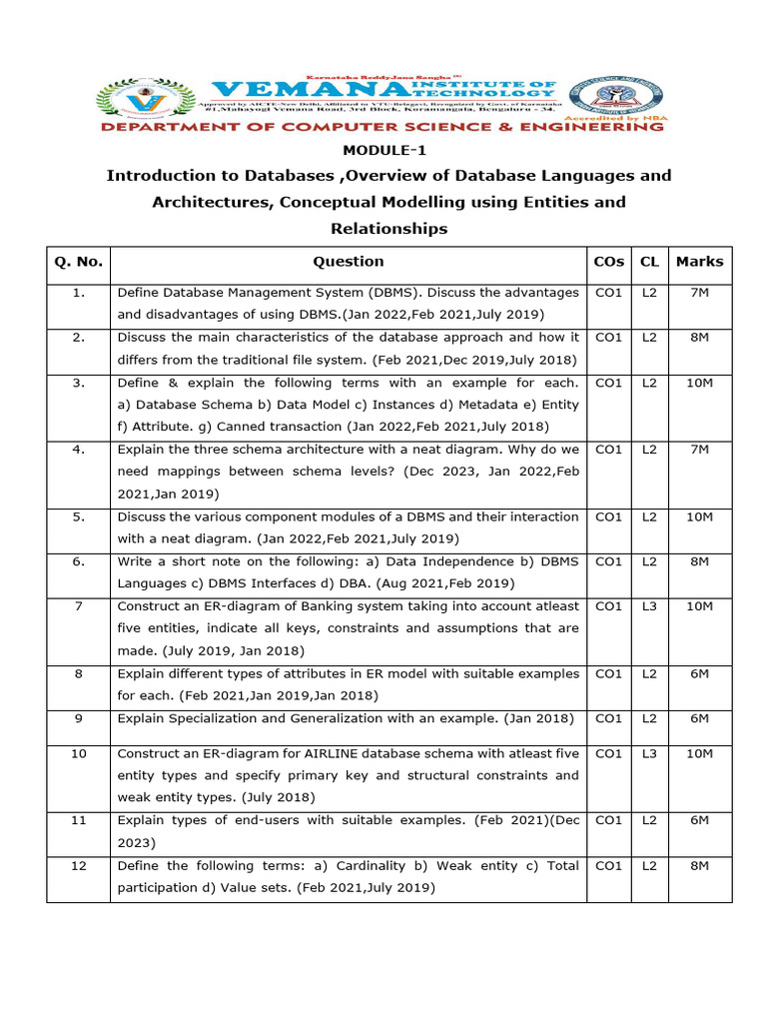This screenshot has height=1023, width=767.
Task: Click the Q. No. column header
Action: coord(78,262)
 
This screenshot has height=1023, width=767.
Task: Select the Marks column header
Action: coord(699,262)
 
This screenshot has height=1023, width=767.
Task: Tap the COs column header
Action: coord(608,262)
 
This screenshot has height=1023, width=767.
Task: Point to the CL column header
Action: coord(649,262)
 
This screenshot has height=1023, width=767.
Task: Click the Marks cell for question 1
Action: coord(699,293)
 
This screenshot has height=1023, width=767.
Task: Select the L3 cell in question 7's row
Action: coord(649,606)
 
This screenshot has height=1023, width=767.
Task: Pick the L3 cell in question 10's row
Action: coord(649,753)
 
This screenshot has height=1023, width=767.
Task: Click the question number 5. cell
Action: coord(78,516)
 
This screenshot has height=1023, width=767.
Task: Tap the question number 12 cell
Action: coord(78,865)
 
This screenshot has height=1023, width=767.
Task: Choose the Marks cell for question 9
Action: coord(699,718)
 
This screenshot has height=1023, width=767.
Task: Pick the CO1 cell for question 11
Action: coord(608,820)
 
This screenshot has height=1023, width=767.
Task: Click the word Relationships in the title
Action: coord(389,229)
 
